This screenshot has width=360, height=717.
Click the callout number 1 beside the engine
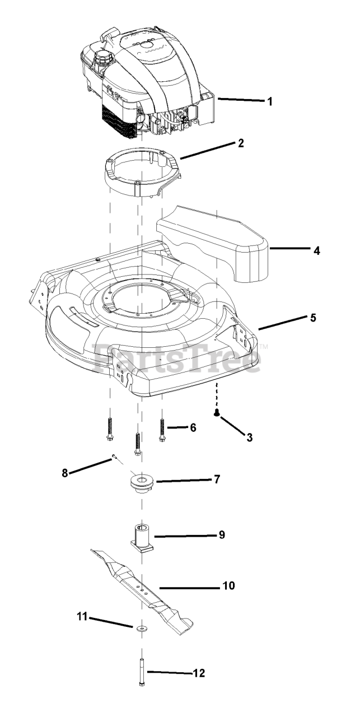[270, 102]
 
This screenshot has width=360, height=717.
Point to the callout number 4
[317, 250]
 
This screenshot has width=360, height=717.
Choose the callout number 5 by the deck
[313, 318]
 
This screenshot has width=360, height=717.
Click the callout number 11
[81, 617]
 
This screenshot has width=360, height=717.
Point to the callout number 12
[199, 673]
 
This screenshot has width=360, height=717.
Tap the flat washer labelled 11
[138, 627]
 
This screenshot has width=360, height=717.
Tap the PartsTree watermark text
[176, 358]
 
